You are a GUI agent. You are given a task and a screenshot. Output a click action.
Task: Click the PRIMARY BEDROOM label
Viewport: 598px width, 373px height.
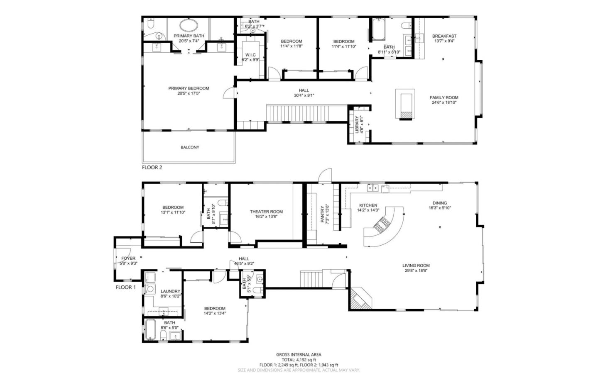pos(189,88)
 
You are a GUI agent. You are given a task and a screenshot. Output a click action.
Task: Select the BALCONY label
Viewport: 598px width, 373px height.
pos(190,147)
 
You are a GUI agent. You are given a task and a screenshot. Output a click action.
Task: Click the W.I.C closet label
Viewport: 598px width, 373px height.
pos(250,55)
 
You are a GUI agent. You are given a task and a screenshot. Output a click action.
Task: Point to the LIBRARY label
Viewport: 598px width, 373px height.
pos(357,124)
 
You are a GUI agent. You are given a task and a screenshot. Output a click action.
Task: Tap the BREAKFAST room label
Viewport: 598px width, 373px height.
pos(444,36)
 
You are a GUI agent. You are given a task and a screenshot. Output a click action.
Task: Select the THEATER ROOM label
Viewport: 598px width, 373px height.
pos(266,212)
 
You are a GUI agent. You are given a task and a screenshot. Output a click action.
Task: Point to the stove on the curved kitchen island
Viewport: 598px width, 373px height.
pos(380,226)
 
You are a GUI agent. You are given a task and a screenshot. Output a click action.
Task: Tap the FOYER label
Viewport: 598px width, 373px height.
pos(128,258)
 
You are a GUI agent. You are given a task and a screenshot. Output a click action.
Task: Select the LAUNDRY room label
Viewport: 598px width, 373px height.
pos(170,291)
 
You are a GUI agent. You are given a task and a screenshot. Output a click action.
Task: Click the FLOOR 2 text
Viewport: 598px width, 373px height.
pos(152,168)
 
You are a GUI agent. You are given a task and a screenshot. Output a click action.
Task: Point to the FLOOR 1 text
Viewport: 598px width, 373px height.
pos(125,287)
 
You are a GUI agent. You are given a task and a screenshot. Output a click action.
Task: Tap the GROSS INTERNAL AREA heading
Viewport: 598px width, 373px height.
pos(299,355)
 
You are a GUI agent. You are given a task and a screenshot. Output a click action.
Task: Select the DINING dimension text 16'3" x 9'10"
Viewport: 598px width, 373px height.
pos(440,208)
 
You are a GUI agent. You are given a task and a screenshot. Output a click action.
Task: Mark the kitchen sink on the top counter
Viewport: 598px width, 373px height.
pos(372,188)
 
